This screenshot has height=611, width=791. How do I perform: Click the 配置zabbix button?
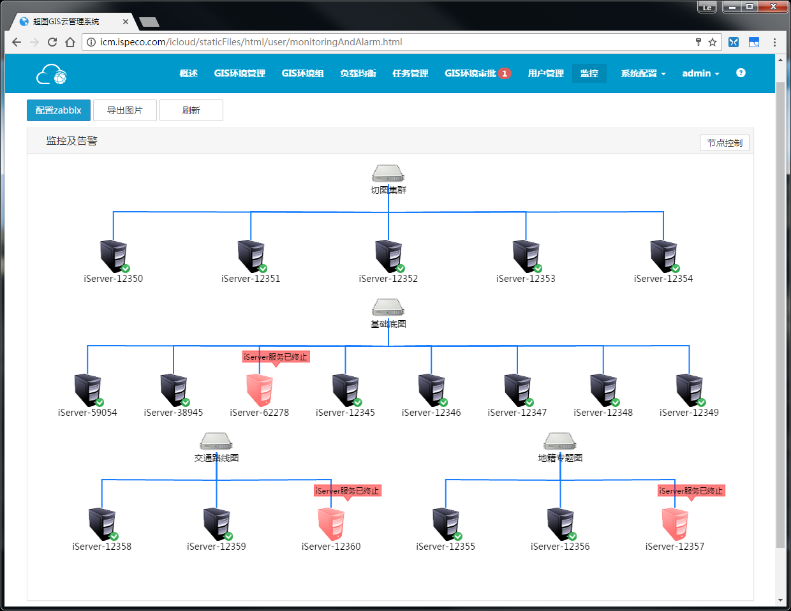[59, 110]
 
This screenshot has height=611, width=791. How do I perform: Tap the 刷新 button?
[191, 110]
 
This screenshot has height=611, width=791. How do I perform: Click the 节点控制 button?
[725, 143]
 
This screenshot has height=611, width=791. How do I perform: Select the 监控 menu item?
[589, 73]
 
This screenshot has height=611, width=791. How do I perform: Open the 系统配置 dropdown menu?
[643, 73]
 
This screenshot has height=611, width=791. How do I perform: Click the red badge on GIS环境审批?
[505, 73]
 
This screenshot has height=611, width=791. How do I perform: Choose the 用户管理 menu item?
[545, 73]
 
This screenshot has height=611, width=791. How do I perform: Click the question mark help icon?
[741, 73]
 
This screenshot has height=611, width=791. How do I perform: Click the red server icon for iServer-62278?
[260, 390]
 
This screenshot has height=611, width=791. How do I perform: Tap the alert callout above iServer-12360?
[347, 491]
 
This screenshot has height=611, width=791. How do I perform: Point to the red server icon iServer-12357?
[675, 524]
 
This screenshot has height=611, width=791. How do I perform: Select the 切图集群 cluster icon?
[388, 173]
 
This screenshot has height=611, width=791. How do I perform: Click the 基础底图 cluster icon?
[388, 307]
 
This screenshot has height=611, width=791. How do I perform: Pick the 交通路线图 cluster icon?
[216, 441]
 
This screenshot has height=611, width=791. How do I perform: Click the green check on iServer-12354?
[676, 269]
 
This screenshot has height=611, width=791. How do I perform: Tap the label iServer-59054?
[87, 413]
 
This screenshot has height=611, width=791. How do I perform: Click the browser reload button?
[52, 42]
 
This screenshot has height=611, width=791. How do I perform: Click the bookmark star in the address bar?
[713, 42]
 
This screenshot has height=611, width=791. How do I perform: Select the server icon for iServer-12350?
[114, 256]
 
